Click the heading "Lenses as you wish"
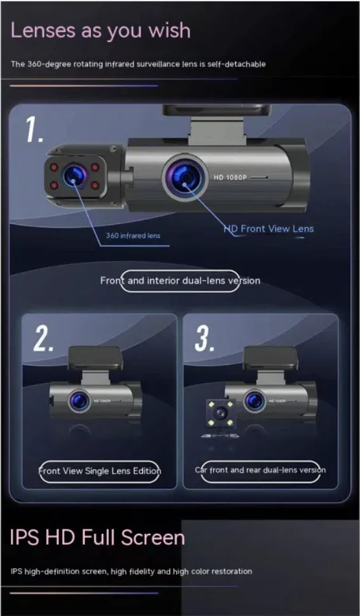100,30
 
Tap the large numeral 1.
35,129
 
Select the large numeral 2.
44,341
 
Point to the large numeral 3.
204,340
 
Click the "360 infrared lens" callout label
133,235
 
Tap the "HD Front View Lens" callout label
268,228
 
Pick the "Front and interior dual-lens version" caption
180,281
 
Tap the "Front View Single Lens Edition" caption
99,471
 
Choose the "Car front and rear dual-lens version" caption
260,470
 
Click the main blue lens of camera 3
254,400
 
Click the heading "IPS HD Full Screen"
97,538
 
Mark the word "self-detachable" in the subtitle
238,64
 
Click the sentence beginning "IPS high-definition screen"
131,571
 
